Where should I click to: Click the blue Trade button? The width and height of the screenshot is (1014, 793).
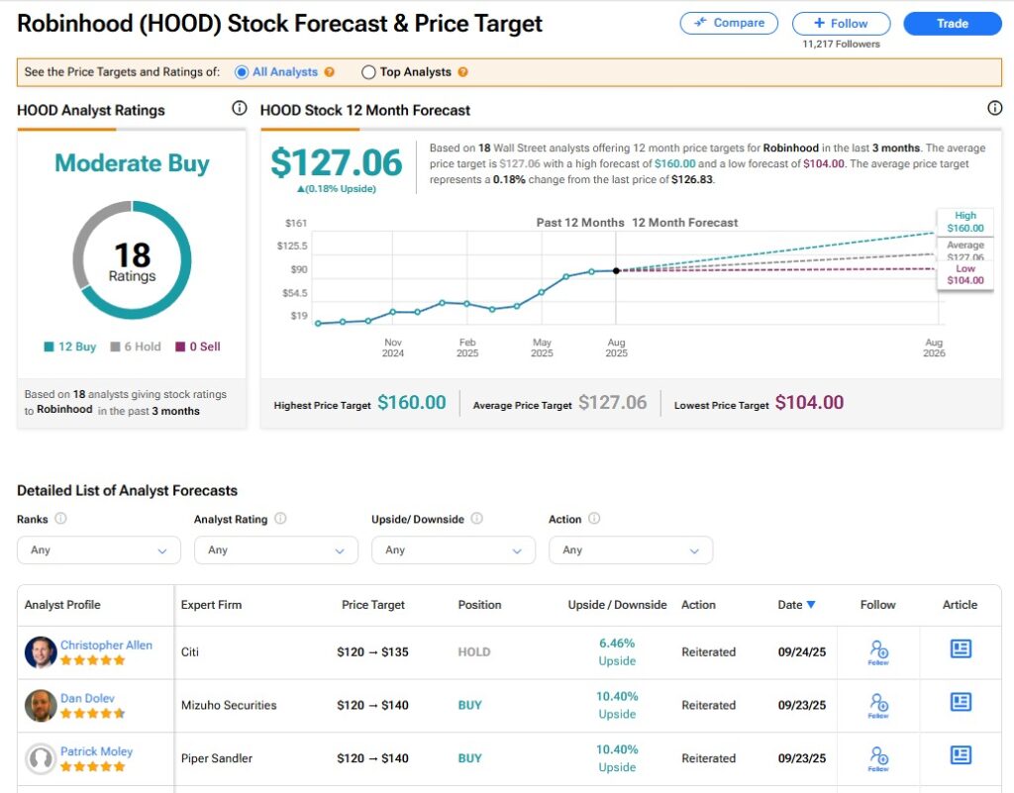click(x=952, y=23)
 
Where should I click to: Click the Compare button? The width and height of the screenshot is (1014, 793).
click(x=729, y=23)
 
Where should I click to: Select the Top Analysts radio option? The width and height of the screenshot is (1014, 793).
click(x=369, y=72)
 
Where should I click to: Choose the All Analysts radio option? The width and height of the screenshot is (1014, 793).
click(x=242, y=72)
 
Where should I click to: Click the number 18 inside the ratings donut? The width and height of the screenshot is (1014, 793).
click(x=132, y=255)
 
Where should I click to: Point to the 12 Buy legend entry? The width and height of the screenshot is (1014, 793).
click(x=70, y=347)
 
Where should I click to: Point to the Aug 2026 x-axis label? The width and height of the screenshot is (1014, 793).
click(x=933, y=347)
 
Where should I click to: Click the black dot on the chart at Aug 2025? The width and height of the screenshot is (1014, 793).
click(x=616, y=270)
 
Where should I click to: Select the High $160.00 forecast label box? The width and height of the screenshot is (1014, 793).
click(x=964, y=222)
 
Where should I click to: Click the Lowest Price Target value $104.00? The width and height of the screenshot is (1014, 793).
click(x=809, y=403)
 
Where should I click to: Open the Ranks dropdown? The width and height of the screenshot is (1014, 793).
click(x=99, y=549)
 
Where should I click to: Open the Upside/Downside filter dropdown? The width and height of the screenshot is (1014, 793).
click(x=453, y=549)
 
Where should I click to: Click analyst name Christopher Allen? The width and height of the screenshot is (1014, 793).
click(x=106, y=645)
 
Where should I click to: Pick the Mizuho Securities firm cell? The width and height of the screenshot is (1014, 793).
click(x=229, y=706)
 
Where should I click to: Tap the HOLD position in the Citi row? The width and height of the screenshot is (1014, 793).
click(x=474, y=652)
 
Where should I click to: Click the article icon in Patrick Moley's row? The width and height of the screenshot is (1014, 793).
click(x=960, y=755)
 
